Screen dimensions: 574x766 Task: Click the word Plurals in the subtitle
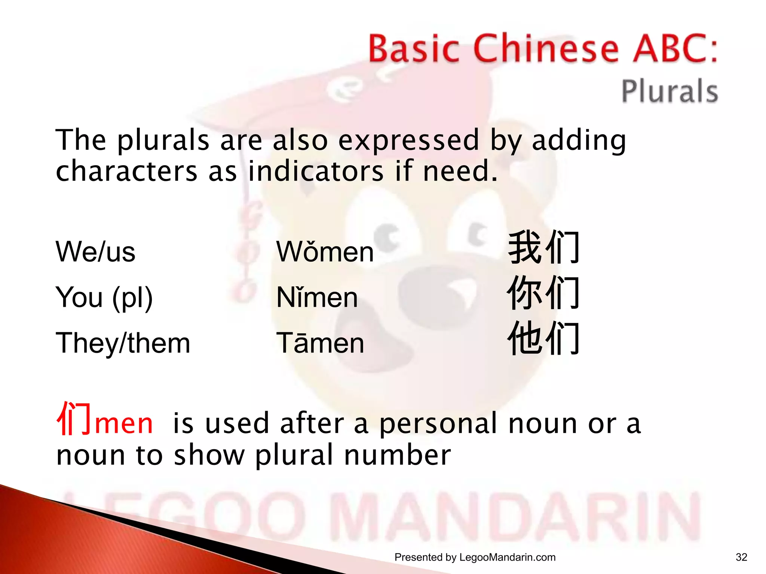click(670, 91)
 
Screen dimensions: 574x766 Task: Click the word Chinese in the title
click(546, 49)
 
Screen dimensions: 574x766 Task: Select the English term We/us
click(95, 251)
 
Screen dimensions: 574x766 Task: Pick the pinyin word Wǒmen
click(325, 251)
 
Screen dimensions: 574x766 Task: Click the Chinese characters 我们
click(544, 248)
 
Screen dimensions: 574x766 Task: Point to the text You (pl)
click(104, 297)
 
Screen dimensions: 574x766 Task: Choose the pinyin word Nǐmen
click(317, 297)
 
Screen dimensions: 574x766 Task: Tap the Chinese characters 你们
click(544, 293)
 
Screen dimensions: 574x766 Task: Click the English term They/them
click(123, 343)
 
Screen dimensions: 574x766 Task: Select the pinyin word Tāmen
click(320, 343)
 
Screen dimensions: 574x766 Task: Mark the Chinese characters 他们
click(544, 339)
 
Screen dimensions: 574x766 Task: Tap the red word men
click(124, 424)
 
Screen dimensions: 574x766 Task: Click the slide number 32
click(741, 557)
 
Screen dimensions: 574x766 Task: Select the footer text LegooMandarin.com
click(507, 558)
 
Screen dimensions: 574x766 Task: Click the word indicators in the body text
click(316, 171)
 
